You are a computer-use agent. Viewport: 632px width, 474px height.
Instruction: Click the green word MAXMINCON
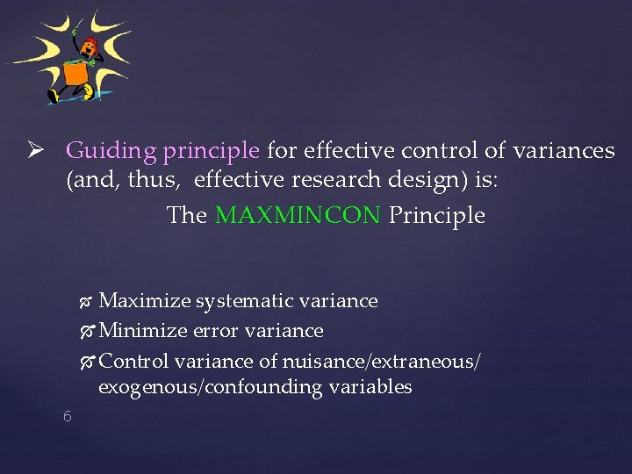298,216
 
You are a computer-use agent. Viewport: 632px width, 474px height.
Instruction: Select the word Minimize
143,331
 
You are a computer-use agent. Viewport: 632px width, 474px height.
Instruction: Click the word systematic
245,301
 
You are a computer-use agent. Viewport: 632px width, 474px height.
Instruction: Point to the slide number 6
67,416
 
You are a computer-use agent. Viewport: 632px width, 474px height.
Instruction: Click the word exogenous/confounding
214,387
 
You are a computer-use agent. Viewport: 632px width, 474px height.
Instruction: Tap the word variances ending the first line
565,151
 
